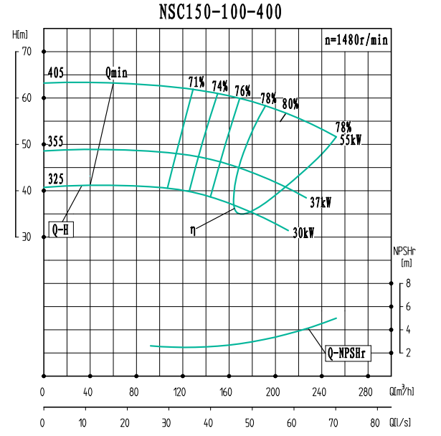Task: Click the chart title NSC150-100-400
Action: coord(219,12)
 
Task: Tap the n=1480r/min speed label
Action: coord(356,41)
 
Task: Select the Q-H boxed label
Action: coord(61,229)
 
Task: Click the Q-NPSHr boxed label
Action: coord(348,353)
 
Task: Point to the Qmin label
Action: coord(116,72)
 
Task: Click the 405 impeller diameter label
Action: coord(55,73)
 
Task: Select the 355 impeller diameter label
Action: coord(55,141)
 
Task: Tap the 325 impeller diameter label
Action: coord(55,178)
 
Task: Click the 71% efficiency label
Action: coord(196,82)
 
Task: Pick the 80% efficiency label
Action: coord(290,103)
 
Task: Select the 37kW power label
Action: coord(321,202)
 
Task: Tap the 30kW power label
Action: coord(303,232)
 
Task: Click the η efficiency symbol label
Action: coord(193,230)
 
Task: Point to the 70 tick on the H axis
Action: coord(27,52)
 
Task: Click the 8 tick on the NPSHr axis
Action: coord(407,284)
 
